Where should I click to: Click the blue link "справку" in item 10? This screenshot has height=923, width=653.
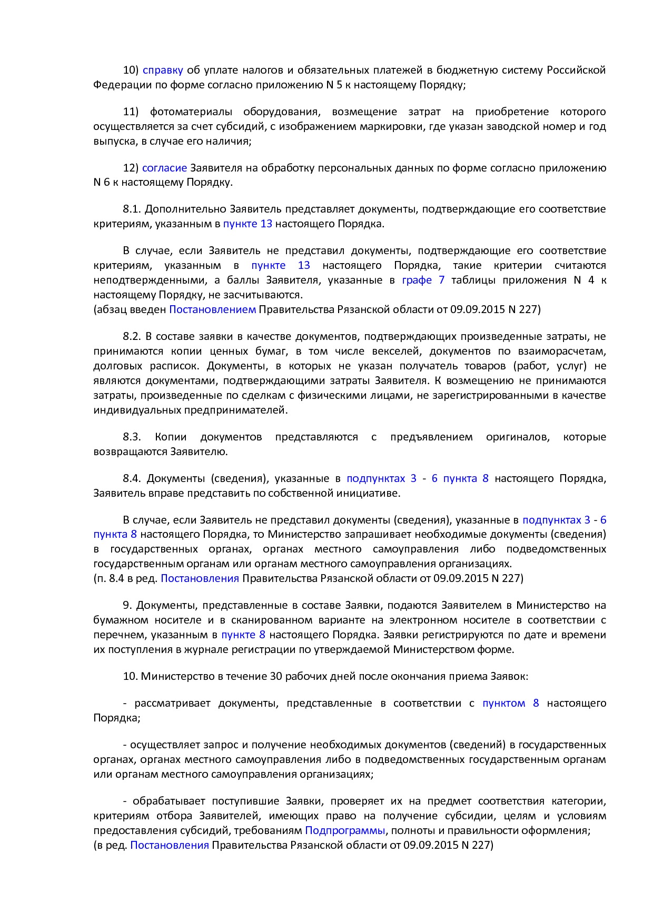click(163, 70)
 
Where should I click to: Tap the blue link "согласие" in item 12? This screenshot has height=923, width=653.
click(164, 168)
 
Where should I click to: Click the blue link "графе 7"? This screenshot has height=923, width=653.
click(423, 280)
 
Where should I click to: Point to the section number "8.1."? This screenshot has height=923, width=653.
click(132, 209)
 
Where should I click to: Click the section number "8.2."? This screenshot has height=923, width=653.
click(132, 336)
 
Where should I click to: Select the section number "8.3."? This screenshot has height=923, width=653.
click(132, 437)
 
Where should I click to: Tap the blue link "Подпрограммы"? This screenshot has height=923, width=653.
click(345, 830)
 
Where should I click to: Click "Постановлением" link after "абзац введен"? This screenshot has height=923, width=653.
click(212, 309)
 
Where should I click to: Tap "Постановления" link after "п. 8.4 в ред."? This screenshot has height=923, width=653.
click(200, 578)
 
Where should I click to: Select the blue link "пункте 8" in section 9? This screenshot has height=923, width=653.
click(243, 635)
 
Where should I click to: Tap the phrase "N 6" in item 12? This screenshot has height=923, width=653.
click(102, 183)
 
